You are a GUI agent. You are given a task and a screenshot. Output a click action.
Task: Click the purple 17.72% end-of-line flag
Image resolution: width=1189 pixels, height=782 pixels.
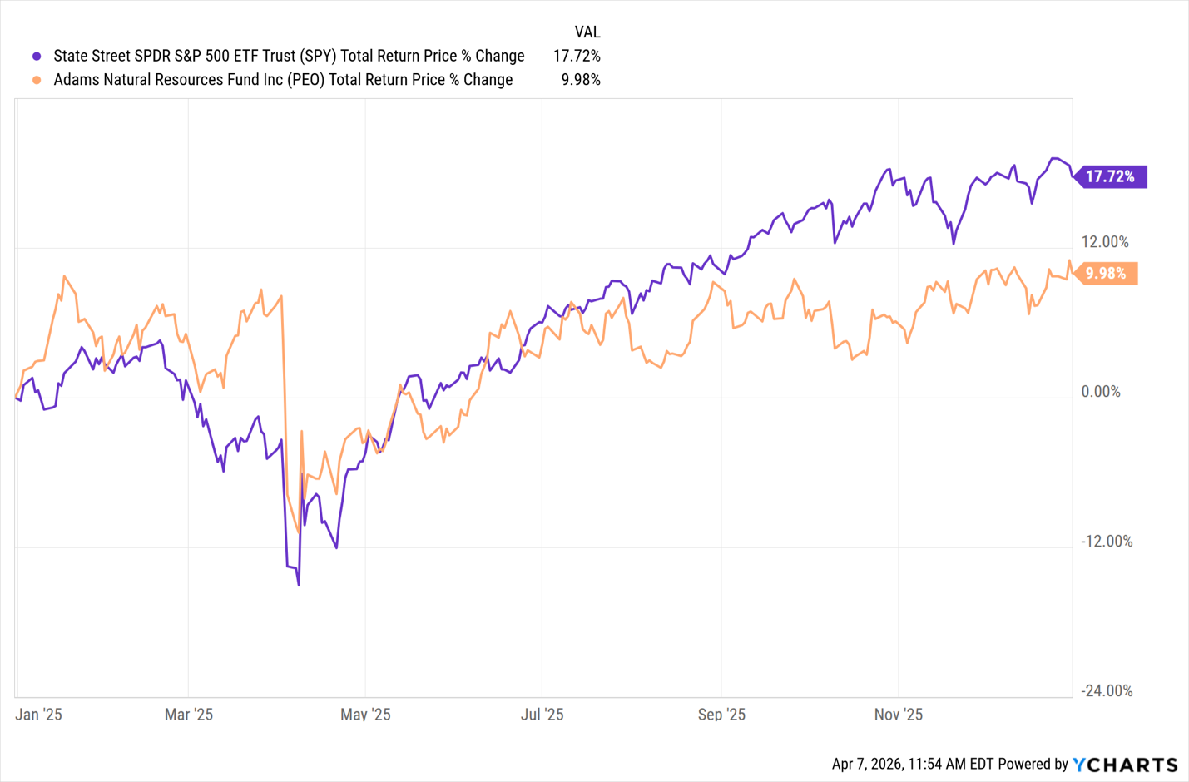[x=1111, y=176]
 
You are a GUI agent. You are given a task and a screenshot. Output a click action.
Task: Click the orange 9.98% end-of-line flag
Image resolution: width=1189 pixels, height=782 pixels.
[x=1106, y=273]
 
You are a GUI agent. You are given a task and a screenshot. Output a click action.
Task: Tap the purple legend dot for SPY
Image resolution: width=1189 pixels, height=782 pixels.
[x=37, y=57]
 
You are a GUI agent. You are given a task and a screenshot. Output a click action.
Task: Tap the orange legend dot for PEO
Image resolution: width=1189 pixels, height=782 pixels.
[x=37, y=80]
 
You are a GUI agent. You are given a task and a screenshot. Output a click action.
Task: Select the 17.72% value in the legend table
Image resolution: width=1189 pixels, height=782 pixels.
[x=577, y=56]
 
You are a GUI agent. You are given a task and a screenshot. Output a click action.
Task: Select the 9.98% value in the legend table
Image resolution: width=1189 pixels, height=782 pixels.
[x=581, y=80]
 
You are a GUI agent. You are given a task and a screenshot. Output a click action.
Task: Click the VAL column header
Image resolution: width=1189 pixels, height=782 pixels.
[x=587, y=32]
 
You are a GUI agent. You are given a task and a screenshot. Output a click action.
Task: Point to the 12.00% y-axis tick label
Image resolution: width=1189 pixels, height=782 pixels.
[x=1105, y=242]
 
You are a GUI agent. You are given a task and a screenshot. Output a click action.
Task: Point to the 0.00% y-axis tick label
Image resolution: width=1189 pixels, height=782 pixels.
[x=1101, y=392]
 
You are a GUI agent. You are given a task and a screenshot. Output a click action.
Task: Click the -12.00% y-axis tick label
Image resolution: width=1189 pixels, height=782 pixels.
[x=1107, y=542]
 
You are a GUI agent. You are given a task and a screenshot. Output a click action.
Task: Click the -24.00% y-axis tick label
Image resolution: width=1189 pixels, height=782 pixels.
[x=1107, y=690]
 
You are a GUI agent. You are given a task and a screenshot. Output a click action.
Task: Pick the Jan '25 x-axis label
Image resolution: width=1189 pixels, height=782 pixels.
[x=39, y=715]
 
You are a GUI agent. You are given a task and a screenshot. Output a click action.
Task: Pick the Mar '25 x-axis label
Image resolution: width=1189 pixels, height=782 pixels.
[x=189, y=715]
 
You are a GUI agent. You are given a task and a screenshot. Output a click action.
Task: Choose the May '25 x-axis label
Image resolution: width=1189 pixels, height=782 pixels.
[x=365, y=715]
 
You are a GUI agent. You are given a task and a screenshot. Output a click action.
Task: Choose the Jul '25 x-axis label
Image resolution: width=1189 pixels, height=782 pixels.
[x=542, y=715]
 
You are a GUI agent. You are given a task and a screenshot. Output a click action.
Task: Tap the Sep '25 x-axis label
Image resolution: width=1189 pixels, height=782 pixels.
[x=721, y=715]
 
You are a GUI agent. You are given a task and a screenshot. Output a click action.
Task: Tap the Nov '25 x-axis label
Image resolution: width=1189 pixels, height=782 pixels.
[x=899, y=715]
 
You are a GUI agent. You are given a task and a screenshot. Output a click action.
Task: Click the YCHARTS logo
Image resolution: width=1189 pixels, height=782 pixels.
[x=1125, y=764]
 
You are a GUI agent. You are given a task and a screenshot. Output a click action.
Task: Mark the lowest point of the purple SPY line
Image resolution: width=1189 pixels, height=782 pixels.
[x=299, y=584]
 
